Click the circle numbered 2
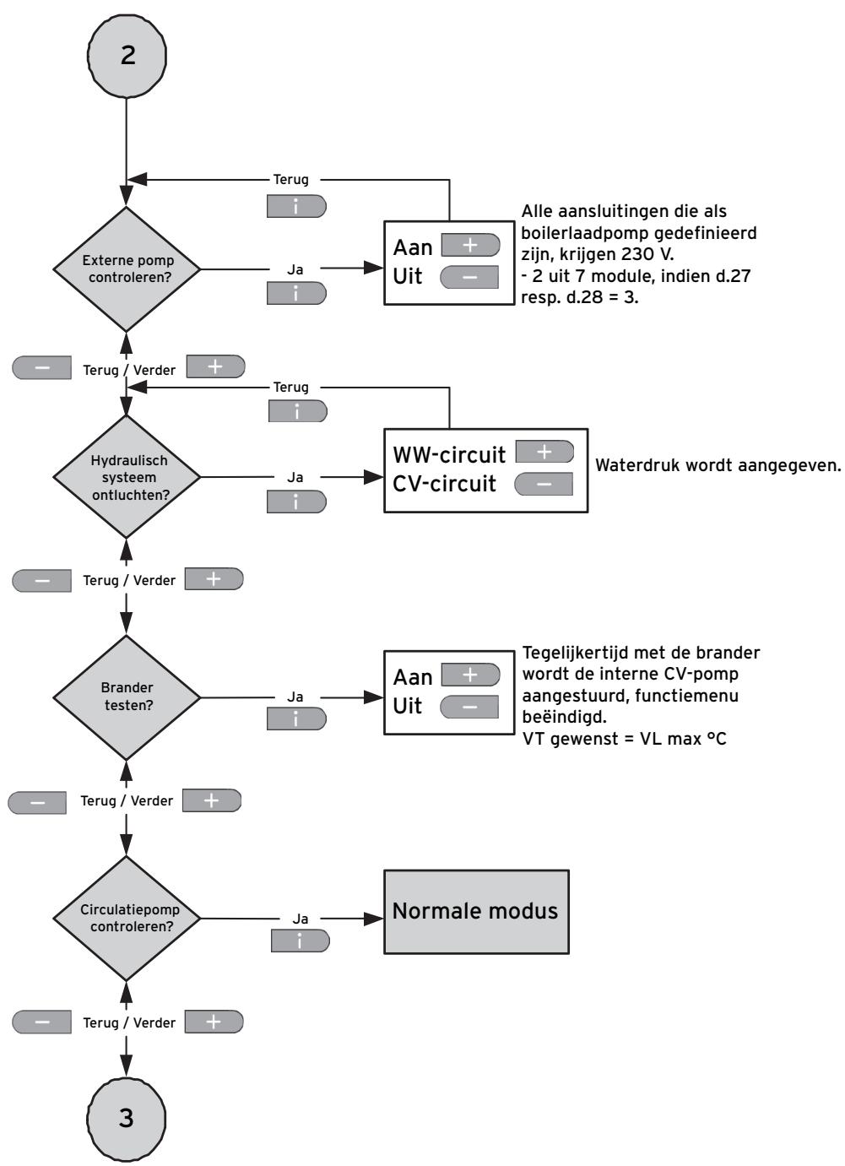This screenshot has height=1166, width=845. pyautogui.click(x=127, y=55)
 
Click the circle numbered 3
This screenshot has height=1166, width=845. pyautogui.click(x=127, y=1118)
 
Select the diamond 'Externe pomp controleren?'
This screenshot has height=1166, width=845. pyautogui.click(x=127, y=269)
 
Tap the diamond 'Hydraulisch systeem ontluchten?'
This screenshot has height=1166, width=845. pyautogui.click(x=127, y=477)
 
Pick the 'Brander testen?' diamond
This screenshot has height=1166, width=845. pyautogui.click(x=127, y=697)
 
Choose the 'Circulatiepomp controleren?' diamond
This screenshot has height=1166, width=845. pyautogui.click(x=127, y=919)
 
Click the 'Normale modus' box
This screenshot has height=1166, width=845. pyautogui.click(x=476, y=912)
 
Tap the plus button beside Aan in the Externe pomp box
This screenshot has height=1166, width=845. pyautogui.click(x=470, y=245)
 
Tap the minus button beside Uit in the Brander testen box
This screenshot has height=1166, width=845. pyautogui.click(x=469, y=707)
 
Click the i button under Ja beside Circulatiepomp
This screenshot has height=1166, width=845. pyautogui.click(x=301, y=941)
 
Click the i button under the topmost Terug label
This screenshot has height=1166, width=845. pyautogui.click(x=296, y=207)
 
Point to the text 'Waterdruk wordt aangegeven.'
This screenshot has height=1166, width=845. pyautogui.click(x=718, y=465)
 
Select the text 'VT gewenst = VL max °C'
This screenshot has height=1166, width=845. pyautogui.click(x=624, y=739)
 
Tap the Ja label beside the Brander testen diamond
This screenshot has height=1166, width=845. pyautogui.click(x=295, y=697)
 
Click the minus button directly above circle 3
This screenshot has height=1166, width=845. pyautogui.click(x=41, y=1022)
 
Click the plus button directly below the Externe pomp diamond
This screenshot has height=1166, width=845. pyautogui.click(x=215, y=366)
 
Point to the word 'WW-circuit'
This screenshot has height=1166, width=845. pyautogui.click(x=449, y=455)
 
